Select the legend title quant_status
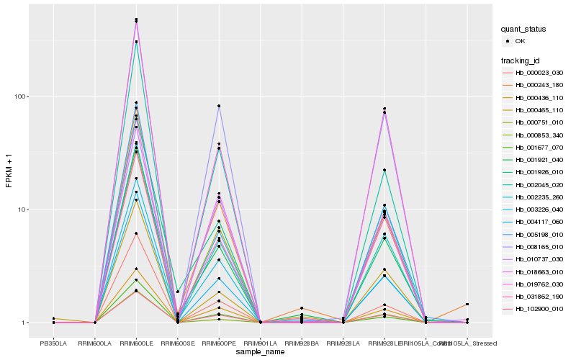pos(523,29)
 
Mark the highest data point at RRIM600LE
pos(137,19)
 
